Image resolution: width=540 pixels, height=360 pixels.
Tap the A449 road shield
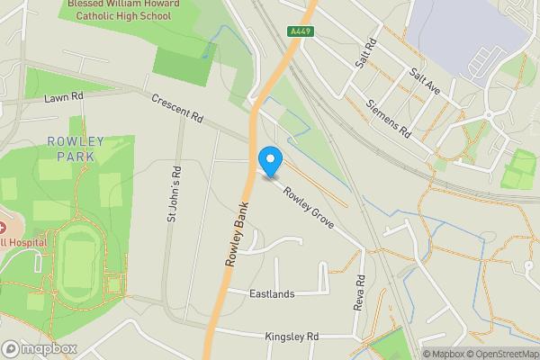(300, 31)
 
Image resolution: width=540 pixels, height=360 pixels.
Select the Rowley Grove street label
(309, 206)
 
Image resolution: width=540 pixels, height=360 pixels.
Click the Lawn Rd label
(63, 95)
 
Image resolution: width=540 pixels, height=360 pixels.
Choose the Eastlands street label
(273, 293)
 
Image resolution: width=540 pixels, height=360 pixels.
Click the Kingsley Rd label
(292, 337)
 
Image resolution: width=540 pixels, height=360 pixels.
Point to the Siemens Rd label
(389, 119)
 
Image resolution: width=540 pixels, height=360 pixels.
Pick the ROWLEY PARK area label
(75, 148)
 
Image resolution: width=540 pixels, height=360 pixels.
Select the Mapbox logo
(39, 348)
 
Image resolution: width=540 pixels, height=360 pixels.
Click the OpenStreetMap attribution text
(501, 354)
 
